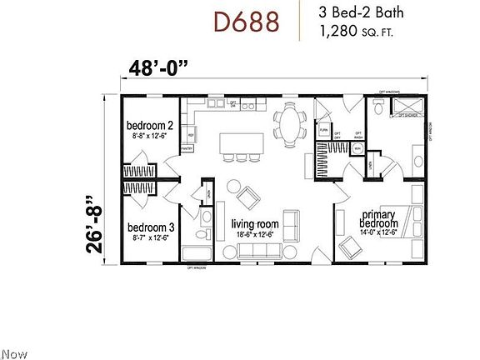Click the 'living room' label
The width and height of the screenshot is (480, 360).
tap(255, 223)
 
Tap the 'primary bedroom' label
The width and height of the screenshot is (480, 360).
tap(377, 219)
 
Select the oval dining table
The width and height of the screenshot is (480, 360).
tap(289, 125)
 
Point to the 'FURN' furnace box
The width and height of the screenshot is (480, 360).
tap(324, 131)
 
